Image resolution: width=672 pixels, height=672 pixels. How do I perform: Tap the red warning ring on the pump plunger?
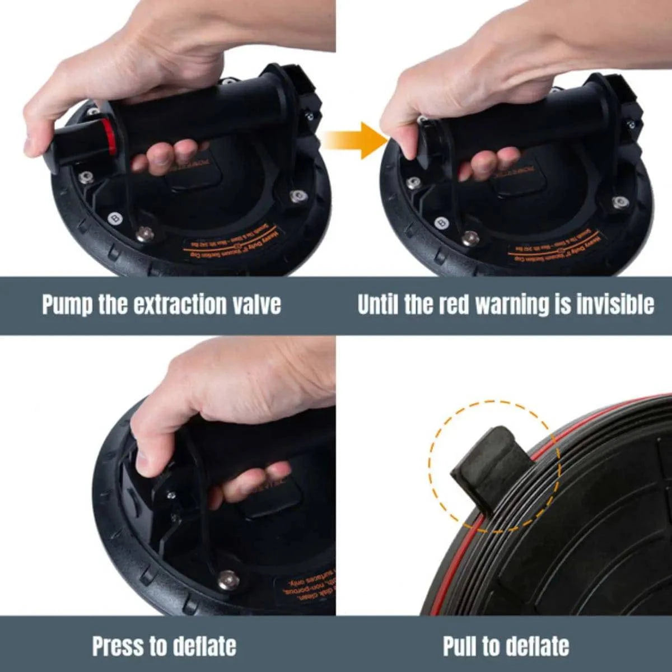point(111,139)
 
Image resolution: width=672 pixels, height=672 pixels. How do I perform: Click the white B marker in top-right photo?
point(441,222)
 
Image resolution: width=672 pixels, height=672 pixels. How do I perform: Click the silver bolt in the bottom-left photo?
point(228,580)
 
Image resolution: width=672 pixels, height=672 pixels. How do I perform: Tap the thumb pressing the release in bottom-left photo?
point(147,456)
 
